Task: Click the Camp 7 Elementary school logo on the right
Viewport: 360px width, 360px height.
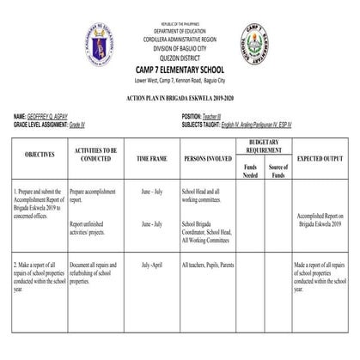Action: pos(254,42)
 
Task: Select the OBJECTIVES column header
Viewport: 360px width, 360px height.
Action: pos(40,156)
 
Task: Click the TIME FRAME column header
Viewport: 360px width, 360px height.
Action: pos(152,159)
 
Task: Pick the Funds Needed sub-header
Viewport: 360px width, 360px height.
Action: pos(250,170)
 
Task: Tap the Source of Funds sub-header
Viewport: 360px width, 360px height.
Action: pos(278,170)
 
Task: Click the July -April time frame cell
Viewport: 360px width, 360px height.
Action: pos(151,265)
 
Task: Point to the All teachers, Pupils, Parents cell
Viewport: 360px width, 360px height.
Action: pos(208,265)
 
